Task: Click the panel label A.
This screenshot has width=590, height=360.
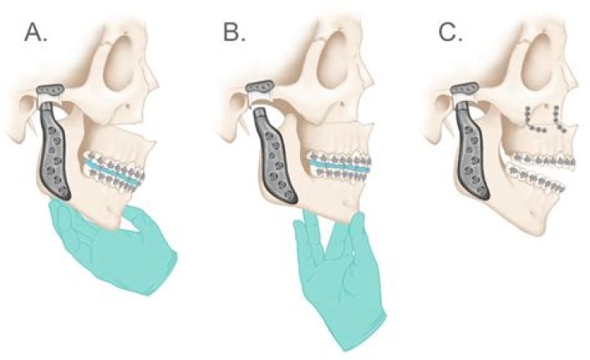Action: tap(36, 32)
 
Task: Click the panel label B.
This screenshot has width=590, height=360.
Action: tap(234, 32)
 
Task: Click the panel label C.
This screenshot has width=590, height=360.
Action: tap(451, 32)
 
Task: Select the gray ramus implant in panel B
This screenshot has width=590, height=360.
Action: tap(273, 154)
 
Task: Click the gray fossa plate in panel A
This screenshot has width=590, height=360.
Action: tap(51, 89)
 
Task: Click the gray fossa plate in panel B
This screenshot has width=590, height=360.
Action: tap(259, 87)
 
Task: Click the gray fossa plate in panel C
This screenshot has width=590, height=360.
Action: tap(465, 89)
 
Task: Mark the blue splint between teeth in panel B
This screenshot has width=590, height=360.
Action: tap(338, 166)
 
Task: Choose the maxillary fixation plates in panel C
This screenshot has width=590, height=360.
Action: tap(545, 119)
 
